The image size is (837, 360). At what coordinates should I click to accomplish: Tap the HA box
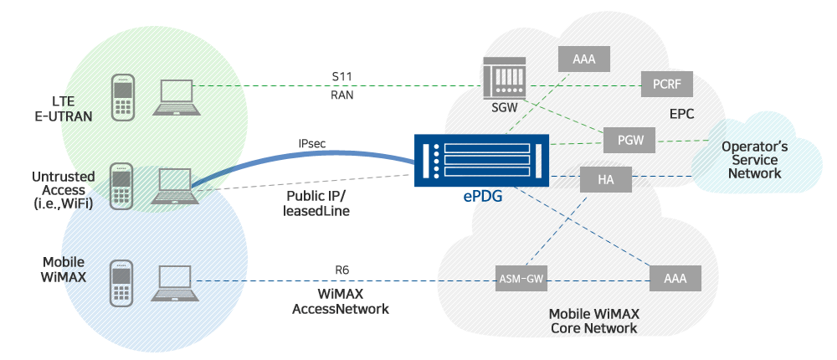point(605,179)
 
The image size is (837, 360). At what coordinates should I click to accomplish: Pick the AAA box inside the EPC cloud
point(583,59)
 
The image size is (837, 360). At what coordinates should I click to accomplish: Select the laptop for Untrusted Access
point(174,186)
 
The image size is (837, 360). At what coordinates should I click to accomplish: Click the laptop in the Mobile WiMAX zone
point(174,283)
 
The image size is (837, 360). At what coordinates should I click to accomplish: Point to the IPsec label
point(313,143)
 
